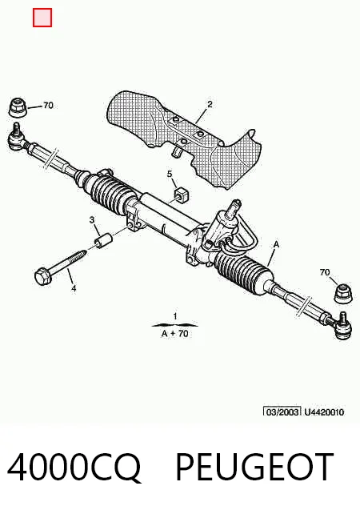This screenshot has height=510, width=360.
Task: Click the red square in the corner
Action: tap(42, 18)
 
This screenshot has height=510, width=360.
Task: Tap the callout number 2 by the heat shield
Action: tap(210, 104)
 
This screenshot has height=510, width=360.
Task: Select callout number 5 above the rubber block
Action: tap(170, 174)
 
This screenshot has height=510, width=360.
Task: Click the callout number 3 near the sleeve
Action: tap(92, 220)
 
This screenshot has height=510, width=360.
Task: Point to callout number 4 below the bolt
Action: tap(74, 288)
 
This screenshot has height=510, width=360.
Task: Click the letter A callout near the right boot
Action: tap(276, 244)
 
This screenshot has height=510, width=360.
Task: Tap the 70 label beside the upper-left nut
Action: tap(48, 106)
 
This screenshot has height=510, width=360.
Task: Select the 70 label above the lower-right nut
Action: tap(325, 272)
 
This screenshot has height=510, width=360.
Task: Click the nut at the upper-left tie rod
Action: tap(18, 107)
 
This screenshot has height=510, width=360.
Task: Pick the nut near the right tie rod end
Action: tap(343, 294)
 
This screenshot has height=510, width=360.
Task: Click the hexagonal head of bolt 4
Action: tap(43, 277)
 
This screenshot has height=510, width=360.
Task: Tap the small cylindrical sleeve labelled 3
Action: tap(102, 240)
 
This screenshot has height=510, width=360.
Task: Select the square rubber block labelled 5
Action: tap(182, 195)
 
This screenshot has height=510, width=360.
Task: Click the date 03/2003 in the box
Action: tap(282, 412)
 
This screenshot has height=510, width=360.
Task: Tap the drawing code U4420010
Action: tap(324, 412)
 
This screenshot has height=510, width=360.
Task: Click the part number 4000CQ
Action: tap(74, 468)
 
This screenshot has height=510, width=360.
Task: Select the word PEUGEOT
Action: tap(255, 467)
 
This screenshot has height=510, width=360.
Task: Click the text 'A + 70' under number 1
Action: tap(175, 333)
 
